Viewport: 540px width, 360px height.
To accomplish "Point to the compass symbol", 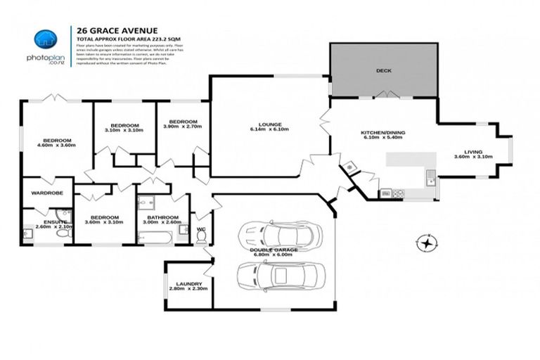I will (426, 244).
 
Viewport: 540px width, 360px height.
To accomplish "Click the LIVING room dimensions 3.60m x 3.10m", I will (472, 162).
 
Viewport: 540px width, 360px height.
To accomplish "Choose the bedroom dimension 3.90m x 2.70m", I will (182, 127).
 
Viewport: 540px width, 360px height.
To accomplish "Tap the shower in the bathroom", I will (146, 205).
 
